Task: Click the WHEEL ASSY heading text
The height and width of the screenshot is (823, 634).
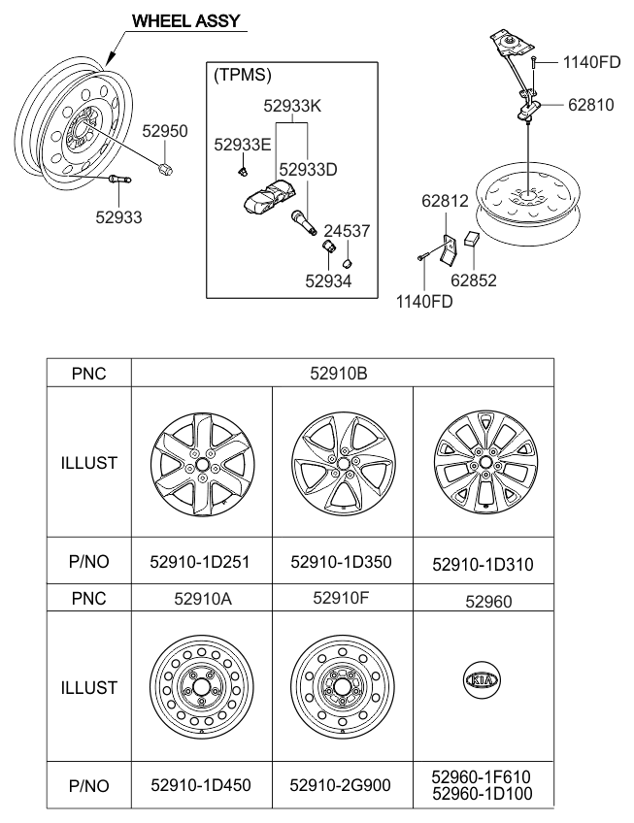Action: coord(185,19)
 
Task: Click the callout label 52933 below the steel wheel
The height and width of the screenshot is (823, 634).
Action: coord(117,217)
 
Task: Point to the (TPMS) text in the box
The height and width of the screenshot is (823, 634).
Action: coord(242,75)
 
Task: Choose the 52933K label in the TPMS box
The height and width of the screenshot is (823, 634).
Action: coord(294,105)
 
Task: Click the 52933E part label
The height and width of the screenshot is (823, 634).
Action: coord(243,145)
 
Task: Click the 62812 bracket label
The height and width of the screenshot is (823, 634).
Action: coord(445,202)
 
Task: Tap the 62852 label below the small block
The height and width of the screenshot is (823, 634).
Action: coord(473,280)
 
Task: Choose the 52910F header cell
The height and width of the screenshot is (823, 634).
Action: coord(342,599)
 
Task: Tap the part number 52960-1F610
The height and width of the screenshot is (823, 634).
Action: coord(483,776)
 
